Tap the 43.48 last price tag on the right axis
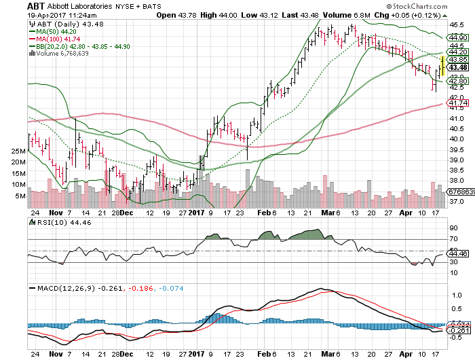458,67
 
